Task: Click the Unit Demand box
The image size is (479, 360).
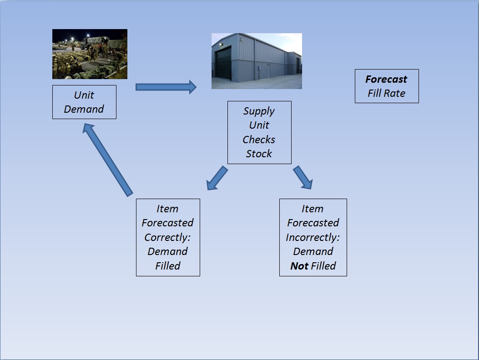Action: [84, 102]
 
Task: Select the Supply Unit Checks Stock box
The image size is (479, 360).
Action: [259, 133]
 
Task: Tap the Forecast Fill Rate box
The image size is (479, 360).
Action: [387, 86]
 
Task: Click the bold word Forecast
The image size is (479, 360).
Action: [386, 79]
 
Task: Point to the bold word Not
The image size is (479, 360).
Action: [299, 266]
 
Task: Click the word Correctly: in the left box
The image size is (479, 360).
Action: [167, 238]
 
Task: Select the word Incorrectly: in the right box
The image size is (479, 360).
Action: [313, 238]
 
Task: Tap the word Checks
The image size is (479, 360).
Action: [259, 140]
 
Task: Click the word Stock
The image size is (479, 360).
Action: [259, 154]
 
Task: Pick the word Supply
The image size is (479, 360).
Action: [259, 111]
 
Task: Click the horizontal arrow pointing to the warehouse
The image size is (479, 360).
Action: [166, 87]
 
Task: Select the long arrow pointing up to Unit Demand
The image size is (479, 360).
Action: [107, 160]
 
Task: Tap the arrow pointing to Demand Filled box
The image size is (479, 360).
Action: [217, 178]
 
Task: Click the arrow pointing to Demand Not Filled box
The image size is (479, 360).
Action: [303, 177]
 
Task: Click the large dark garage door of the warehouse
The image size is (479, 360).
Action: [223, 65]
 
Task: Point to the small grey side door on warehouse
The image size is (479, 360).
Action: [268, 71]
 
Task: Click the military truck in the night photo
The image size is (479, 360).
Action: [96, 43]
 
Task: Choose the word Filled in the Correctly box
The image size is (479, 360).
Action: [168, 266]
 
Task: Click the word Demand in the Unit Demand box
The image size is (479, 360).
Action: [84, 109]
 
